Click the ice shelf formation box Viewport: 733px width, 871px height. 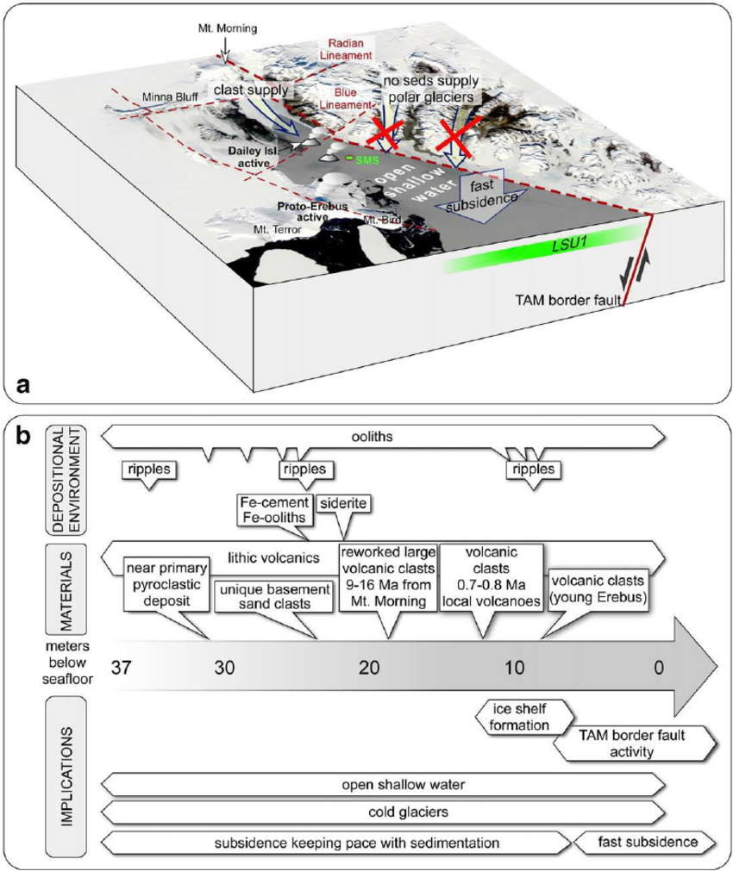(x=523, y=717)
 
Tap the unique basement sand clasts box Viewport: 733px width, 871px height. (x=272, y=596)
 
